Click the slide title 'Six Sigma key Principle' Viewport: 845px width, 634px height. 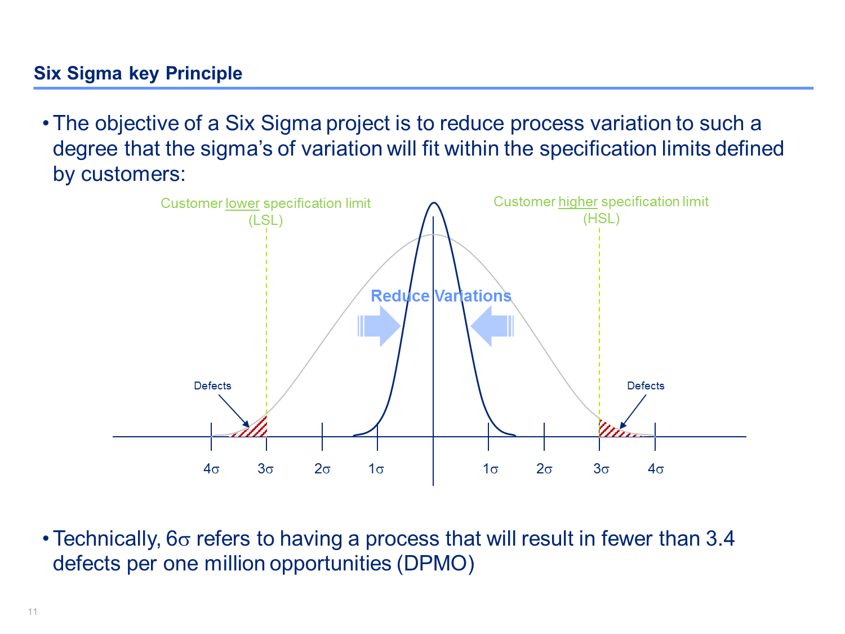pos(138,73)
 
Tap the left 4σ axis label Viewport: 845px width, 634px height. pos(211,468)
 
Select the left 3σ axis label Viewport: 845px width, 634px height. pos(265,468)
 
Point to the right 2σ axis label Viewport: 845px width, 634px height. pos(544,468)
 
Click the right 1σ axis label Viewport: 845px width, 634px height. pos(491,468)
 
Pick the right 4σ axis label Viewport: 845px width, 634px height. pos(656,468)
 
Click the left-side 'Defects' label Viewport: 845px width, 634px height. pos(212,385)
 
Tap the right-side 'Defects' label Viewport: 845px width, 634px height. pos(646,385)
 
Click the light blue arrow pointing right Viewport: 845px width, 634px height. pos(379,326)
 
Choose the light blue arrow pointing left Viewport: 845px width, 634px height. pos(492,326)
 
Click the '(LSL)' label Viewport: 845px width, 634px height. pos(266,220)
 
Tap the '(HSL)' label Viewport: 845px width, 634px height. pos(601,219)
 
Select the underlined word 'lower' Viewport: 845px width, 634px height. pos(243,203)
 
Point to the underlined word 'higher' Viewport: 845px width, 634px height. pos(578,202)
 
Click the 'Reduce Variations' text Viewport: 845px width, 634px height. pos(441,296)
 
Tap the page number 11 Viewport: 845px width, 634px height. pos(33,611)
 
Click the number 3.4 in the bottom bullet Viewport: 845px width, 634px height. pos(721,538)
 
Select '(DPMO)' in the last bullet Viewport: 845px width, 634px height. pos(435,564)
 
